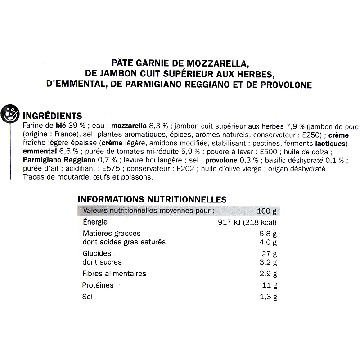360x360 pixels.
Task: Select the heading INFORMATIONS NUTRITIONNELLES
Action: [152, 199]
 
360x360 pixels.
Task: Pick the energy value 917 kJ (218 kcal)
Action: [247, 222]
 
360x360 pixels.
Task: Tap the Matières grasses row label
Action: [112, 233]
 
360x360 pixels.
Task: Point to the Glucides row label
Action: [97, 254]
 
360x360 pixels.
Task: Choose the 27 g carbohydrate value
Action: [269, 254]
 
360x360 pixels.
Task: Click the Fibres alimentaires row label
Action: [115, 274]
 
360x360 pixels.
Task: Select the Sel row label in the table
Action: [87, 297]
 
